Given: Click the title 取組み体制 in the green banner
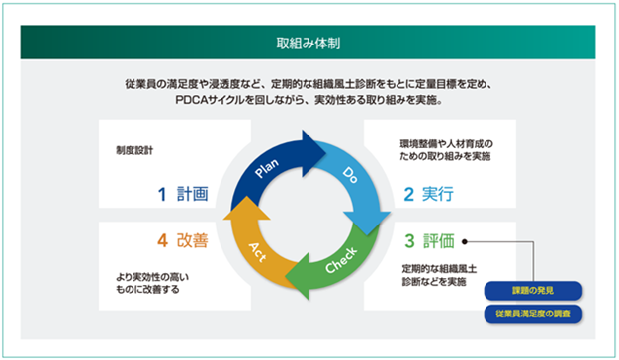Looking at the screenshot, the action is point(308,44).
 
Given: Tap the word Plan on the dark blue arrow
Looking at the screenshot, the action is point(267,168).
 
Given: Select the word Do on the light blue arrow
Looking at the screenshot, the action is point(350,175).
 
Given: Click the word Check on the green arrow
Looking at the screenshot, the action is point(341,260).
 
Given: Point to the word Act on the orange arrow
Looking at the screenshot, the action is point(257,252).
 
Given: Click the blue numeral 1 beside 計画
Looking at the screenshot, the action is point(162,194).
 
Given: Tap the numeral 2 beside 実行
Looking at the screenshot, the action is point(409,194).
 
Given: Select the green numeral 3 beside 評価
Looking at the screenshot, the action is point(409,241).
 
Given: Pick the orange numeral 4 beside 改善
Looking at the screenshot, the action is point(162,240).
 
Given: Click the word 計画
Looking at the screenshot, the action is point(192,194).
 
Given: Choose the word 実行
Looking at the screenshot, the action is point(438,194).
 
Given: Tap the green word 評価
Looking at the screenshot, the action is point(439,240).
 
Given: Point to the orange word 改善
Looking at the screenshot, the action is point(192,240).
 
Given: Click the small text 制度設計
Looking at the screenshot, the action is point(134,150).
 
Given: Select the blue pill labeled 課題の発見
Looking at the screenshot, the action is point(533,291).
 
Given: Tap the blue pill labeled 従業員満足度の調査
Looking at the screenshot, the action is point(533,314).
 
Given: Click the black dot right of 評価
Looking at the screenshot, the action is point(465,241).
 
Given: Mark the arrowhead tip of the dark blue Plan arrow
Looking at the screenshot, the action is point(326,153).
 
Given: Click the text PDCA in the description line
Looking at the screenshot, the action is point(192,100).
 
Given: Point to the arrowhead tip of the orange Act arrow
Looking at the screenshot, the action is point(247,196).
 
